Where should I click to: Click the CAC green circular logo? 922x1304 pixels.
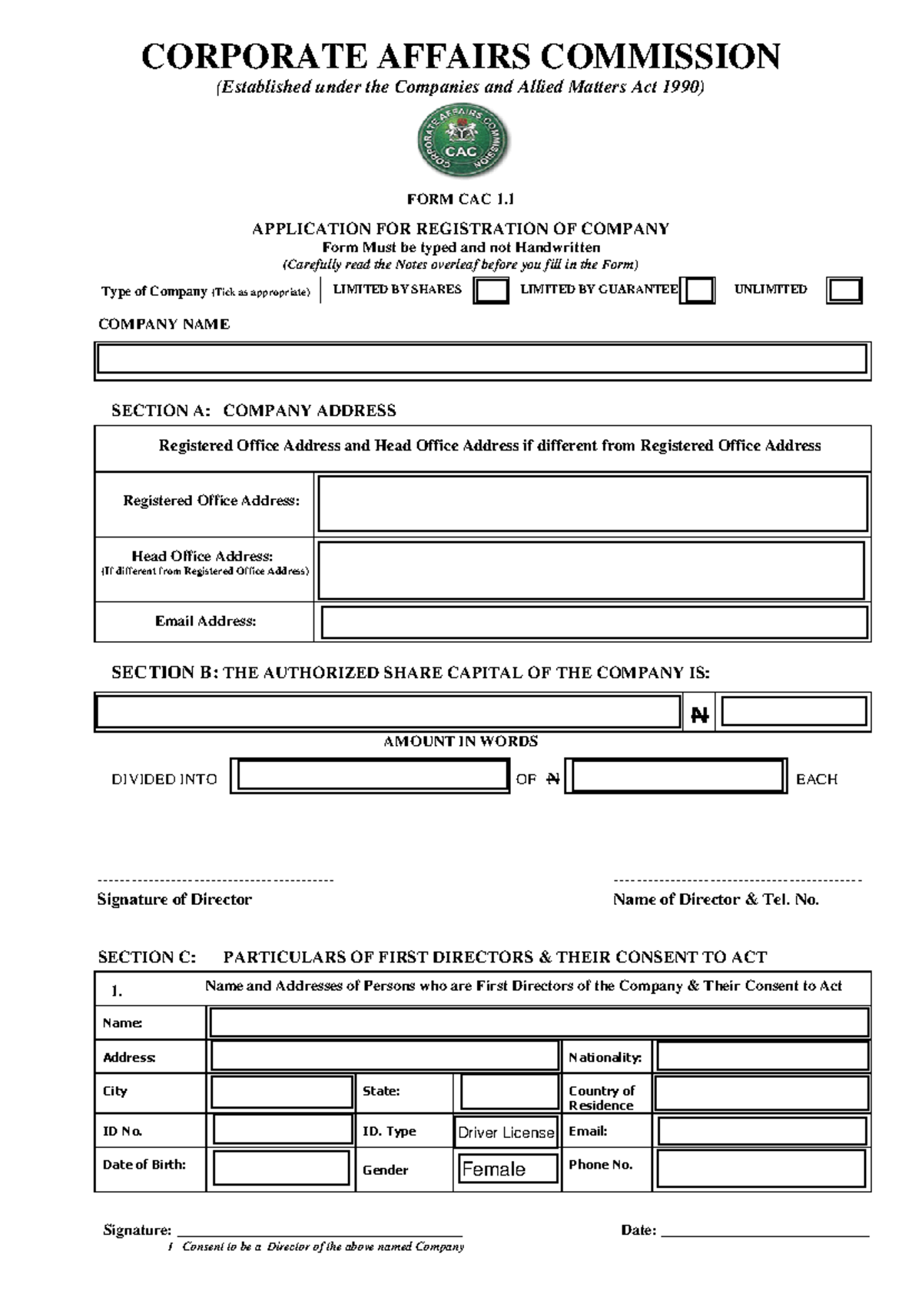coord(462,142)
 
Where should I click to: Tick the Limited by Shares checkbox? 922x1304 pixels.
coord(490,291)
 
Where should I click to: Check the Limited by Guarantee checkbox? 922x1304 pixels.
coord(697,291)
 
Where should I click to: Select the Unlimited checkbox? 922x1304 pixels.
coord(844,291)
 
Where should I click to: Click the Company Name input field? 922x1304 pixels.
coord(482,359)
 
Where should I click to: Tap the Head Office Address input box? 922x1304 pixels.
coord(590,570)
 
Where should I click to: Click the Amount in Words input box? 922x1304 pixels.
coord(388,712)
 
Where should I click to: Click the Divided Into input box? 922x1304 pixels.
coord(370,776)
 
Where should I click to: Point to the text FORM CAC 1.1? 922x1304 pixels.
coord(460,199)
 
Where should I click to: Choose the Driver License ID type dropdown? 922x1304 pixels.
coord(506,1132)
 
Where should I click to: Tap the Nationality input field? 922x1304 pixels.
coord(761,1056)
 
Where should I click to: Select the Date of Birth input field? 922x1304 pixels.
coord(280,1168)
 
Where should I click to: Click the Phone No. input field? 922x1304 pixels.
coord(760,1168)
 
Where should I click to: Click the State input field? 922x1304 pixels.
coord(509,1092)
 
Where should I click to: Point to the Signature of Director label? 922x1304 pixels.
coord(174,899)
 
